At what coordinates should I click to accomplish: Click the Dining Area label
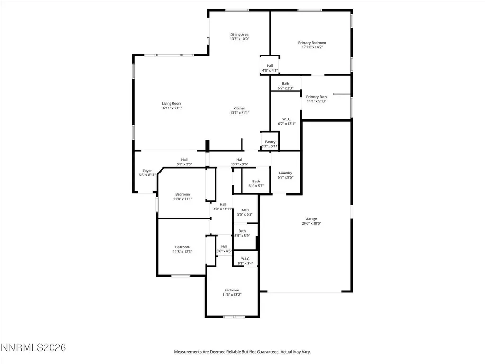click(x=239, y=35)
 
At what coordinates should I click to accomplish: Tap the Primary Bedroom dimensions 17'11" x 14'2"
click(x=312, y=47)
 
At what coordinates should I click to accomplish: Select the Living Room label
click(x=171, y=104)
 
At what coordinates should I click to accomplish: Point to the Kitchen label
click(x=239, y=109)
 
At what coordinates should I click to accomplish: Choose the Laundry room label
click(x=286, y=173)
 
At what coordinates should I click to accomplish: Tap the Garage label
click(x=311, y=219)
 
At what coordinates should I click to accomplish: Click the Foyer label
click(x=147, y=171)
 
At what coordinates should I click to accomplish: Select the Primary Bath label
click(x=316, y=97)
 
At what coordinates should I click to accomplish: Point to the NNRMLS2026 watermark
click(x=34, y=347)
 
